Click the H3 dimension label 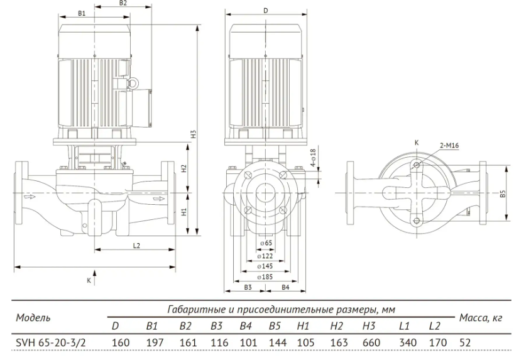pos(194,134)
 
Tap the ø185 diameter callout pos(265,277)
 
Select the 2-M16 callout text pos(449,146)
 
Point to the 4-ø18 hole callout pos(312,158)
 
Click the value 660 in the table pos(371,342)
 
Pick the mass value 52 pos(465,342)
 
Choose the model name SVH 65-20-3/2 pos(51,342)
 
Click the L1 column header pos(404,326)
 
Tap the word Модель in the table pos(33,318)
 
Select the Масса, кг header pos(481,318)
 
